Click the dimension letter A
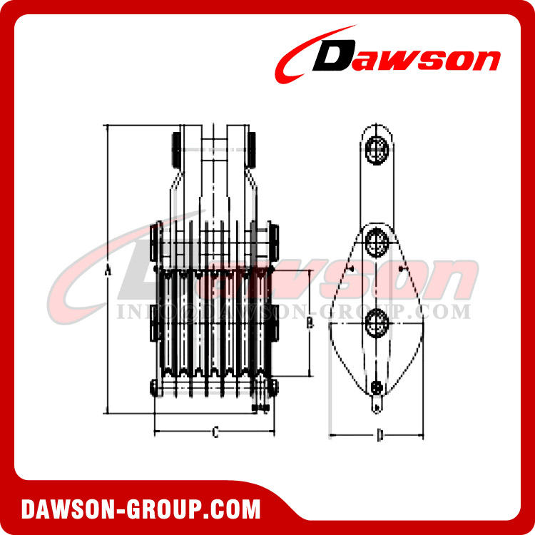coord(108,270)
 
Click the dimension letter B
coord(308,323)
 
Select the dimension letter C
coord(215,432)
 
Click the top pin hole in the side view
coord(376,151)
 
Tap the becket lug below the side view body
coord(377,406)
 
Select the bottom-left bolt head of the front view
coord(154,387)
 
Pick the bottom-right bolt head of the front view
coord(275,387)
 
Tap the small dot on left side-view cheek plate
coord(352,267)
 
